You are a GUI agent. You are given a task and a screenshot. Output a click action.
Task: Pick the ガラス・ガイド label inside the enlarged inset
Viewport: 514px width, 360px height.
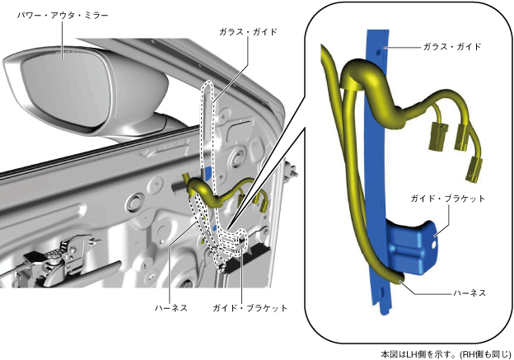pos(451,48)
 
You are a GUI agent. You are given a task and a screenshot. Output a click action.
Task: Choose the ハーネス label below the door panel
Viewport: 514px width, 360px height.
pos(172,308)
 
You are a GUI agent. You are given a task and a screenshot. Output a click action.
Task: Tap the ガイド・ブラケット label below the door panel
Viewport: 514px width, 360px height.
pos(250,308)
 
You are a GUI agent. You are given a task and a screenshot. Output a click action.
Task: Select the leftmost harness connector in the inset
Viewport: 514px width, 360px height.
pos(432,141)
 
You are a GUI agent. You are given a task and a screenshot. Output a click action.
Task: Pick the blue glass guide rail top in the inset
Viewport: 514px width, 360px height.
pos(376,37)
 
